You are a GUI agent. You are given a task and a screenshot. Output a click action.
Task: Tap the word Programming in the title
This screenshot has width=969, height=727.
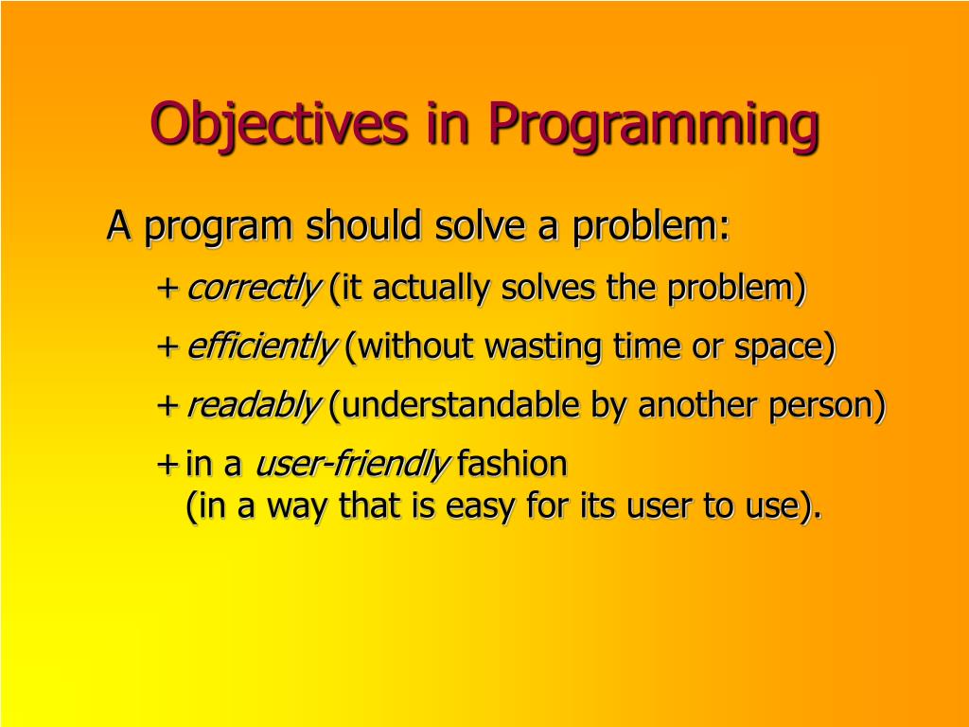pos(654,126)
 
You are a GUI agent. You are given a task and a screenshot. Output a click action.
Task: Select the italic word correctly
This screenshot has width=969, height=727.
pos(254,289)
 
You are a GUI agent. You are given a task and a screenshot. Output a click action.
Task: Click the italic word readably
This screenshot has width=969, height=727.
pos(254,406)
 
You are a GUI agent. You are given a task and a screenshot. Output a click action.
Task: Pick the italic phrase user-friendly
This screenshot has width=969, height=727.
pos(352,465)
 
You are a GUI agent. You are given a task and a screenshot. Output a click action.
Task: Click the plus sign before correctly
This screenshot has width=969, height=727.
pos(167,289)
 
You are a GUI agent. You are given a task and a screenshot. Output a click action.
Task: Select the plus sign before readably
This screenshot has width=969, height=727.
pos(167,406)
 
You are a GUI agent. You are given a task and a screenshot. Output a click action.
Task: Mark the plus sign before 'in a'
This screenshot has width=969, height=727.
pos(167,464)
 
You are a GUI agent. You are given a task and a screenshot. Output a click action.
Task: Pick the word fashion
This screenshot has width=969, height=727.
pos(512,464)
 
